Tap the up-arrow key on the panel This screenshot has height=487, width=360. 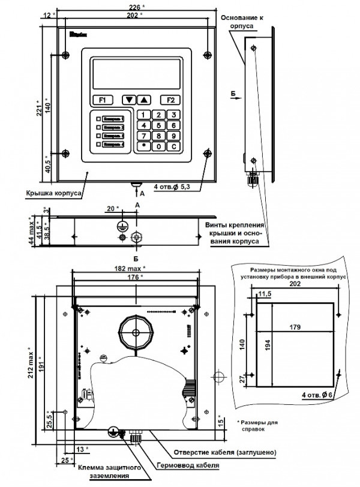click(x=144, y=100)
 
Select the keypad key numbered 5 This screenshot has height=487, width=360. click(x=158, y=125)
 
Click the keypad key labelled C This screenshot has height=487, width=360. click(x=173, y=146)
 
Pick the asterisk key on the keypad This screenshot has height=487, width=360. click(x=144, y=146)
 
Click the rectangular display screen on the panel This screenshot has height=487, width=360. click(x=136, y=74)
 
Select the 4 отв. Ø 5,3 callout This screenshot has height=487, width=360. click(x=172, y=187)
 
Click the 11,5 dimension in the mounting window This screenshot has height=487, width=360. click(x=264, y=293)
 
